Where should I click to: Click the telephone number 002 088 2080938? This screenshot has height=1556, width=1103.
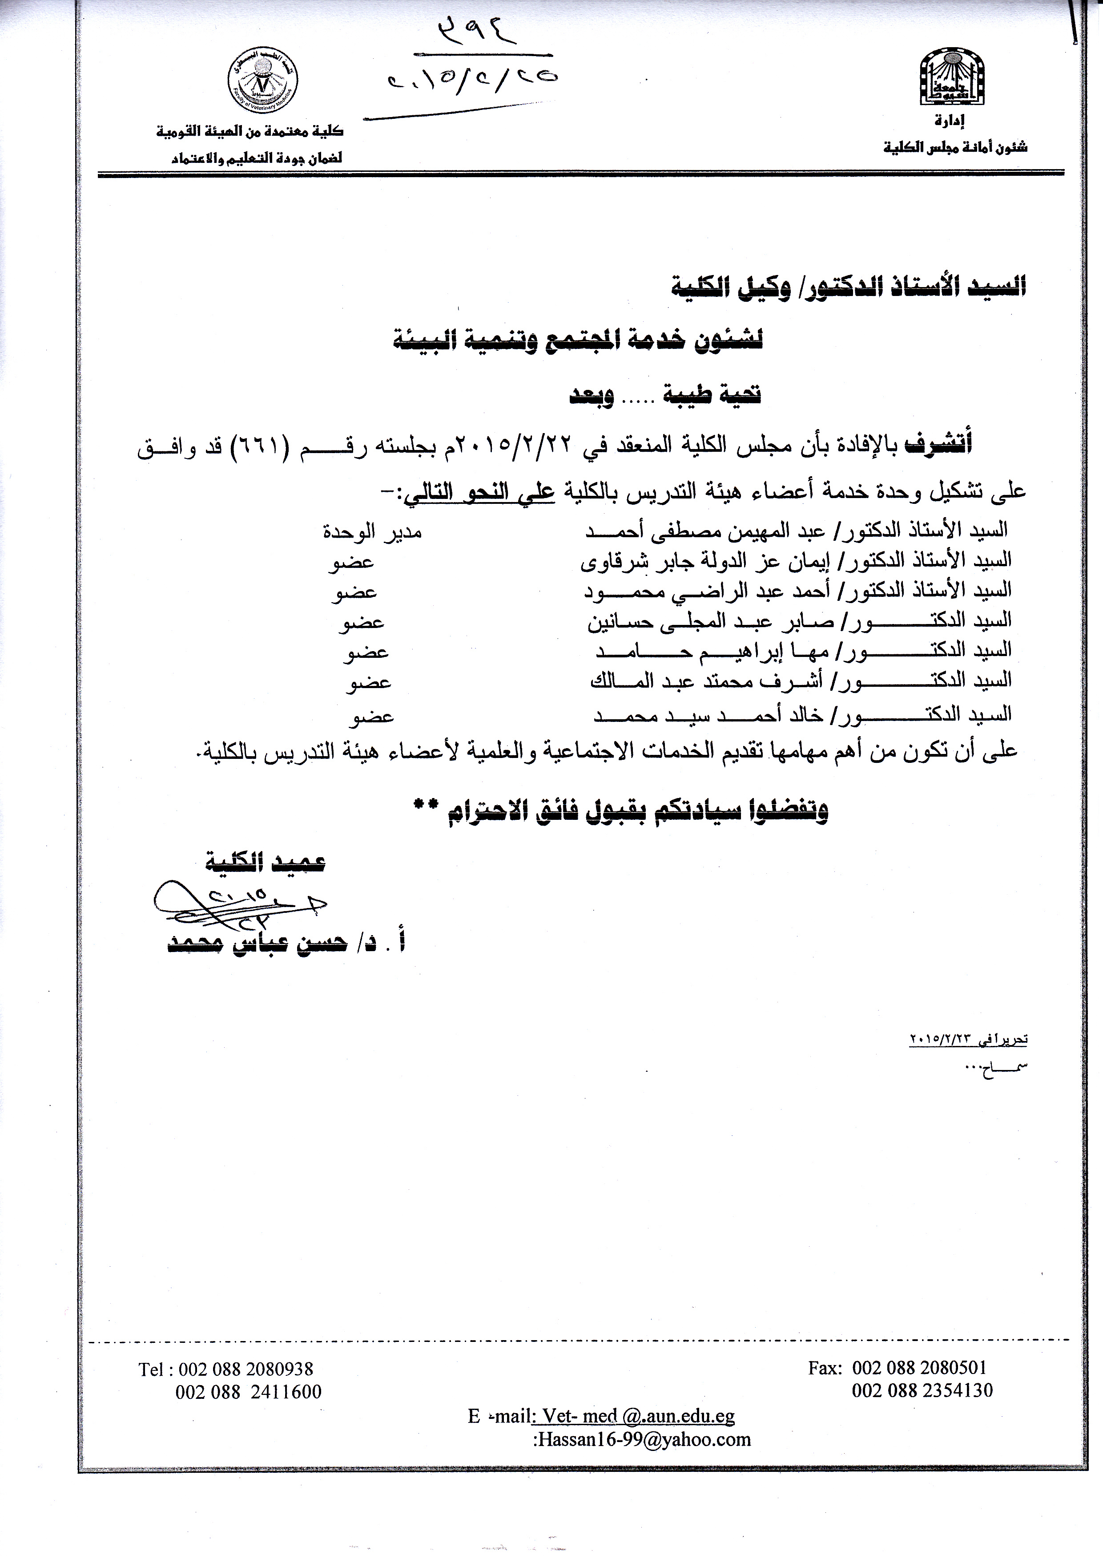tap(245, 1369)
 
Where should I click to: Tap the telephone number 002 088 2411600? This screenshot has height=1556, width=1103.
tap(248, 1391)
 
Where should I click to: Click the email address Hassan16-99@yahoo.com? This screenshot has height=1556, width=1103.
tap(643, 1438)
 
